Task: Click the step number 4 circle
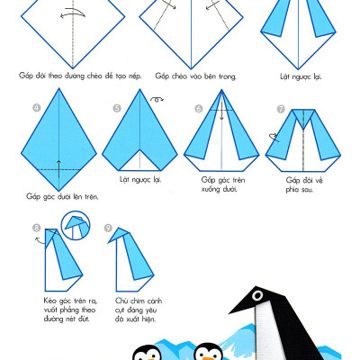point(37,108)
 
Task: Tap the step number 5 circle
point(117,108)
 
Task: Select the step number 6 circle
point(199,109)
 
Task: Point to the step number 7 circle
point(281,109)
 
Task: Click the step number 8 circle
point(37,228)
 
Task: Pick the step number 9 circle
point(108,228)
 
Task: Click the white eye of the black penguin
point(257,296)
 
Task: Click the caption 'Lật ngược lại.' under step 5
point(140,180)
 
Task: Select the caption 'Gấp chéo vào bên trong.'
point(195,76)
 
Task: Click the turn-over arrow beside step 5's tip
point(157,99)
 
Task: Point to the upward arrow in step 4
point(58,169)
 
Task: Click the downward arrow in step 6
point(221,111)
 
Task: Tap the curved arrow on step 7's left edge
point(274,138)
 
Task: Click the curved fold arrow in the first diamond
point(73,13)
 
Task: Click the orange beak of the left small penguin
point(148,358)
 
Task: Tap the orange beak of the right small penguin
point(208,358)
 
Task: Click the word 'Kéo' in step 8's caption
point(50,301)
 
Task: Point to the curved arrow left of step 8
point(40,240)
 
